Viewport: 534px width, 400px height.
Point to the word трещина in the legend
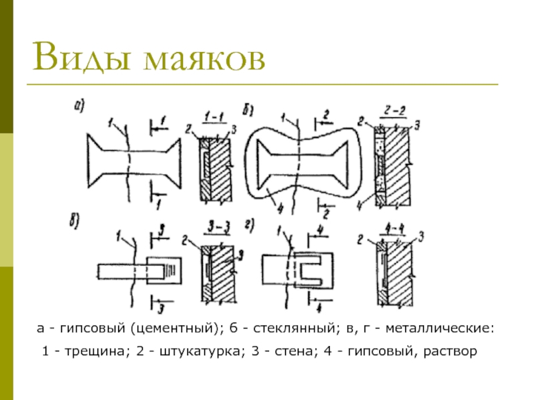(x=91, y=350)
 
